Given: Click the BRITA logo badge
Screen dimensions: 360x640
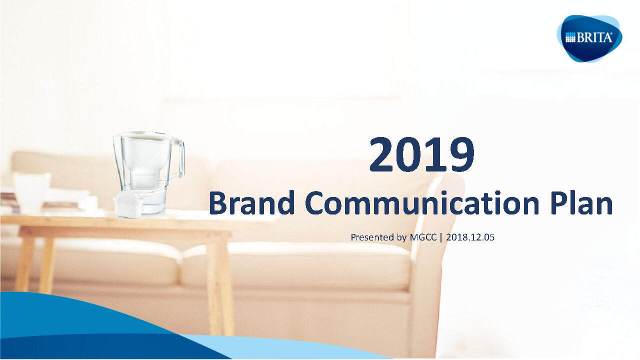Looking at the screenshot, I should (x=589, y=38).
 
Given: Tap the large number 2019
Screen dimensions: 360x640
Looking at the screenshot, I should (x=421, y=155).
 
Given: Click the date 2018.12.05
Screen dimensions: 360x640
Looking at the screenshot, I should (x=469, y=237).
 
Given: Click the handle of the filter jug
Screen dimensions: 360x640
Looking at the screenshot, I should (x=178, y=160).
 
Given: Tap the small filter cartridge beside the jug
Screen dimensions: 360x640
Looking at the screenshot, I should (x=129, y=205).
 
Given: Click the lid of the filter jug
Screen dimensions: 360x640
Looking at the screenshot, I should (x=142, y=135).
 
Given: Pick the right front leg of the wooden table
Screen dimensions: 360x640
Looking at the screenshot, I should (x=219, y=285).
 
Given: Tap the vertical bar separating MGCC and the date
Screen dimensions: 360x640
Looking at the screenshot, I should (x=441, y=237).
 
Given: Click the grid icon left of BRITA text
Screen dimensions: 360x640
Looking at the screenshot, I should (x=570, y=38).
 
